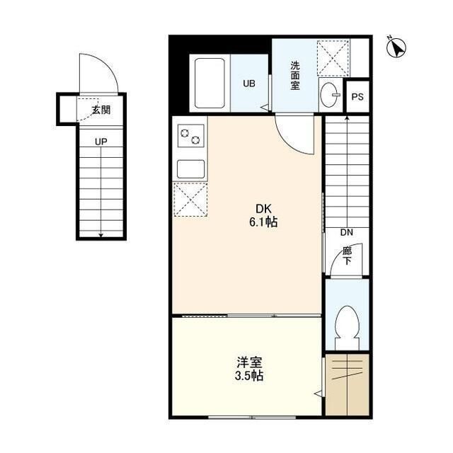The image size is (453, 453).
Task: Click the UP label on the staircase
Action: [102, 142]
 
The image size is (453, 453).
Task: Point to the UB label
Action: [249, 84]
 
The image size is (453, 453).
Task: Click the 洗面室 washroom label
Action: [296, 75]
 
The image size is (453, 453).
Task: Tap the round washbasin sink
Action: [329, 96]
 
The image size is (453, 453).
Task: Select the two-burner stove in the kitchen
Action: [191, 134]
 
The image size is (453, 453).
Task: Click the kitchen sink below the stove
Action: [191, 169]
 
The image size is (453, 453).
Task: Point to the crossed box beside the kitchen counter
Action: [190, 200]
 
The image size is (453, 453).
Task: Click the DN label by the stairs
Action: [346, 233]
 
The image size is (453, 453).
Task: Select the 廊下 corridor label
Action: [347, 256]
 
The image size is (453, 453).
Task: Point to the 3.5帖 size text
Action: [249, 377]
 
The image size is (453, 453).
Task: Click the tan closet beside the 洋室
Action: [348, 385]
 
